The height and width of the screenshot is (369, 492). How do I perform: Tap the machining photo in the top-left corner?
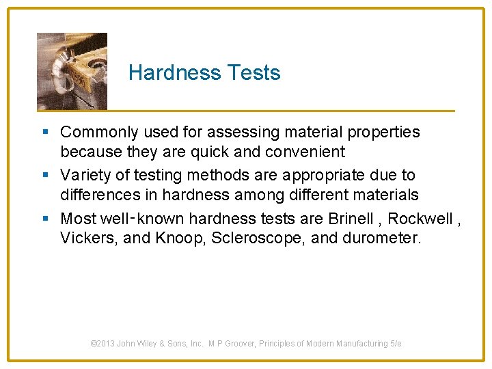[x=72, y=71]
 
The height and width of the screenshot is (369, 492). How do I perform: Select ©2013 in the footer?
[x=102, y=344]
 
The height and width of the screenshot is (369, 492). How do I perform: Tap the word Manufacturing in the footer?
[x=361, y=344]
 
